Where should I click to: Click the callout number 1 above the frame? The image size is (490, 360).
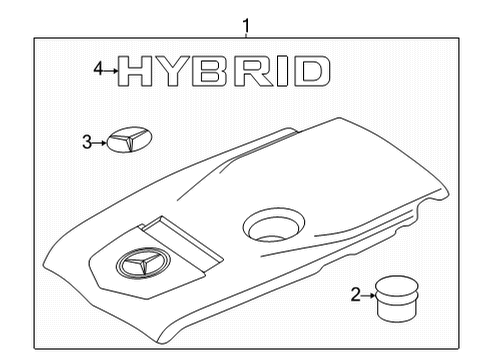(x=246, y=25)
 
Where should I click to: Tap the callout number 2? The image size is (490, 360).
(x=356, y=295)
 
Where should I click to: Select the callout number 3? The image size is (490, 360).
(x=87, y=142)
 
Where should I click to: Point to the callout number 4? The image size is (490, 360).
(x=98, y=69)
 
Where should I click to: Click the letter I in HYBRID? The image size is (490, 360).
(x=282, y=71)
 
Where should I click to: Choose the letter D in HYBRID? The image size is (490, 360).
(x=311, y=71)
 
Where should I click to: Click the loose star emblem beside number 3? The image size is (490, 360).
(x=129, y=139)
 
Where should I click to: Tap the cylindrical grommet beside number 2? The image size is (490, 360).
(x=397, y=299)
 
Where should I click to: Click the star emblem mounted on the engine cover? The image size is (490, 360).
(x=143, y=263)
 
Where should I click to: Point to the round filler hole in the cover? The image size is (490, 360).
(x=274, y=225)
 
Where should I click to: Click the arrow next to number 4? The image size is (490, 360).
(x=110, y=71)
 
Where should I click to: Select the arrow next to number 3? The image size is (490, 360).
(x=99, y=143)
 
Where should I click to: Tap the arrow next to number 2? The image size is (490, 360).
(x=368, y=296)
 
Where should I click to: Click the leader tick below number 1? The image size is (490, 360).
(x=246, y=35)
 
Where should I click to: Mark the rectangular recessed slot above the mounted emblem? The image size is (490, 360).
(x=182, y=243)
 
